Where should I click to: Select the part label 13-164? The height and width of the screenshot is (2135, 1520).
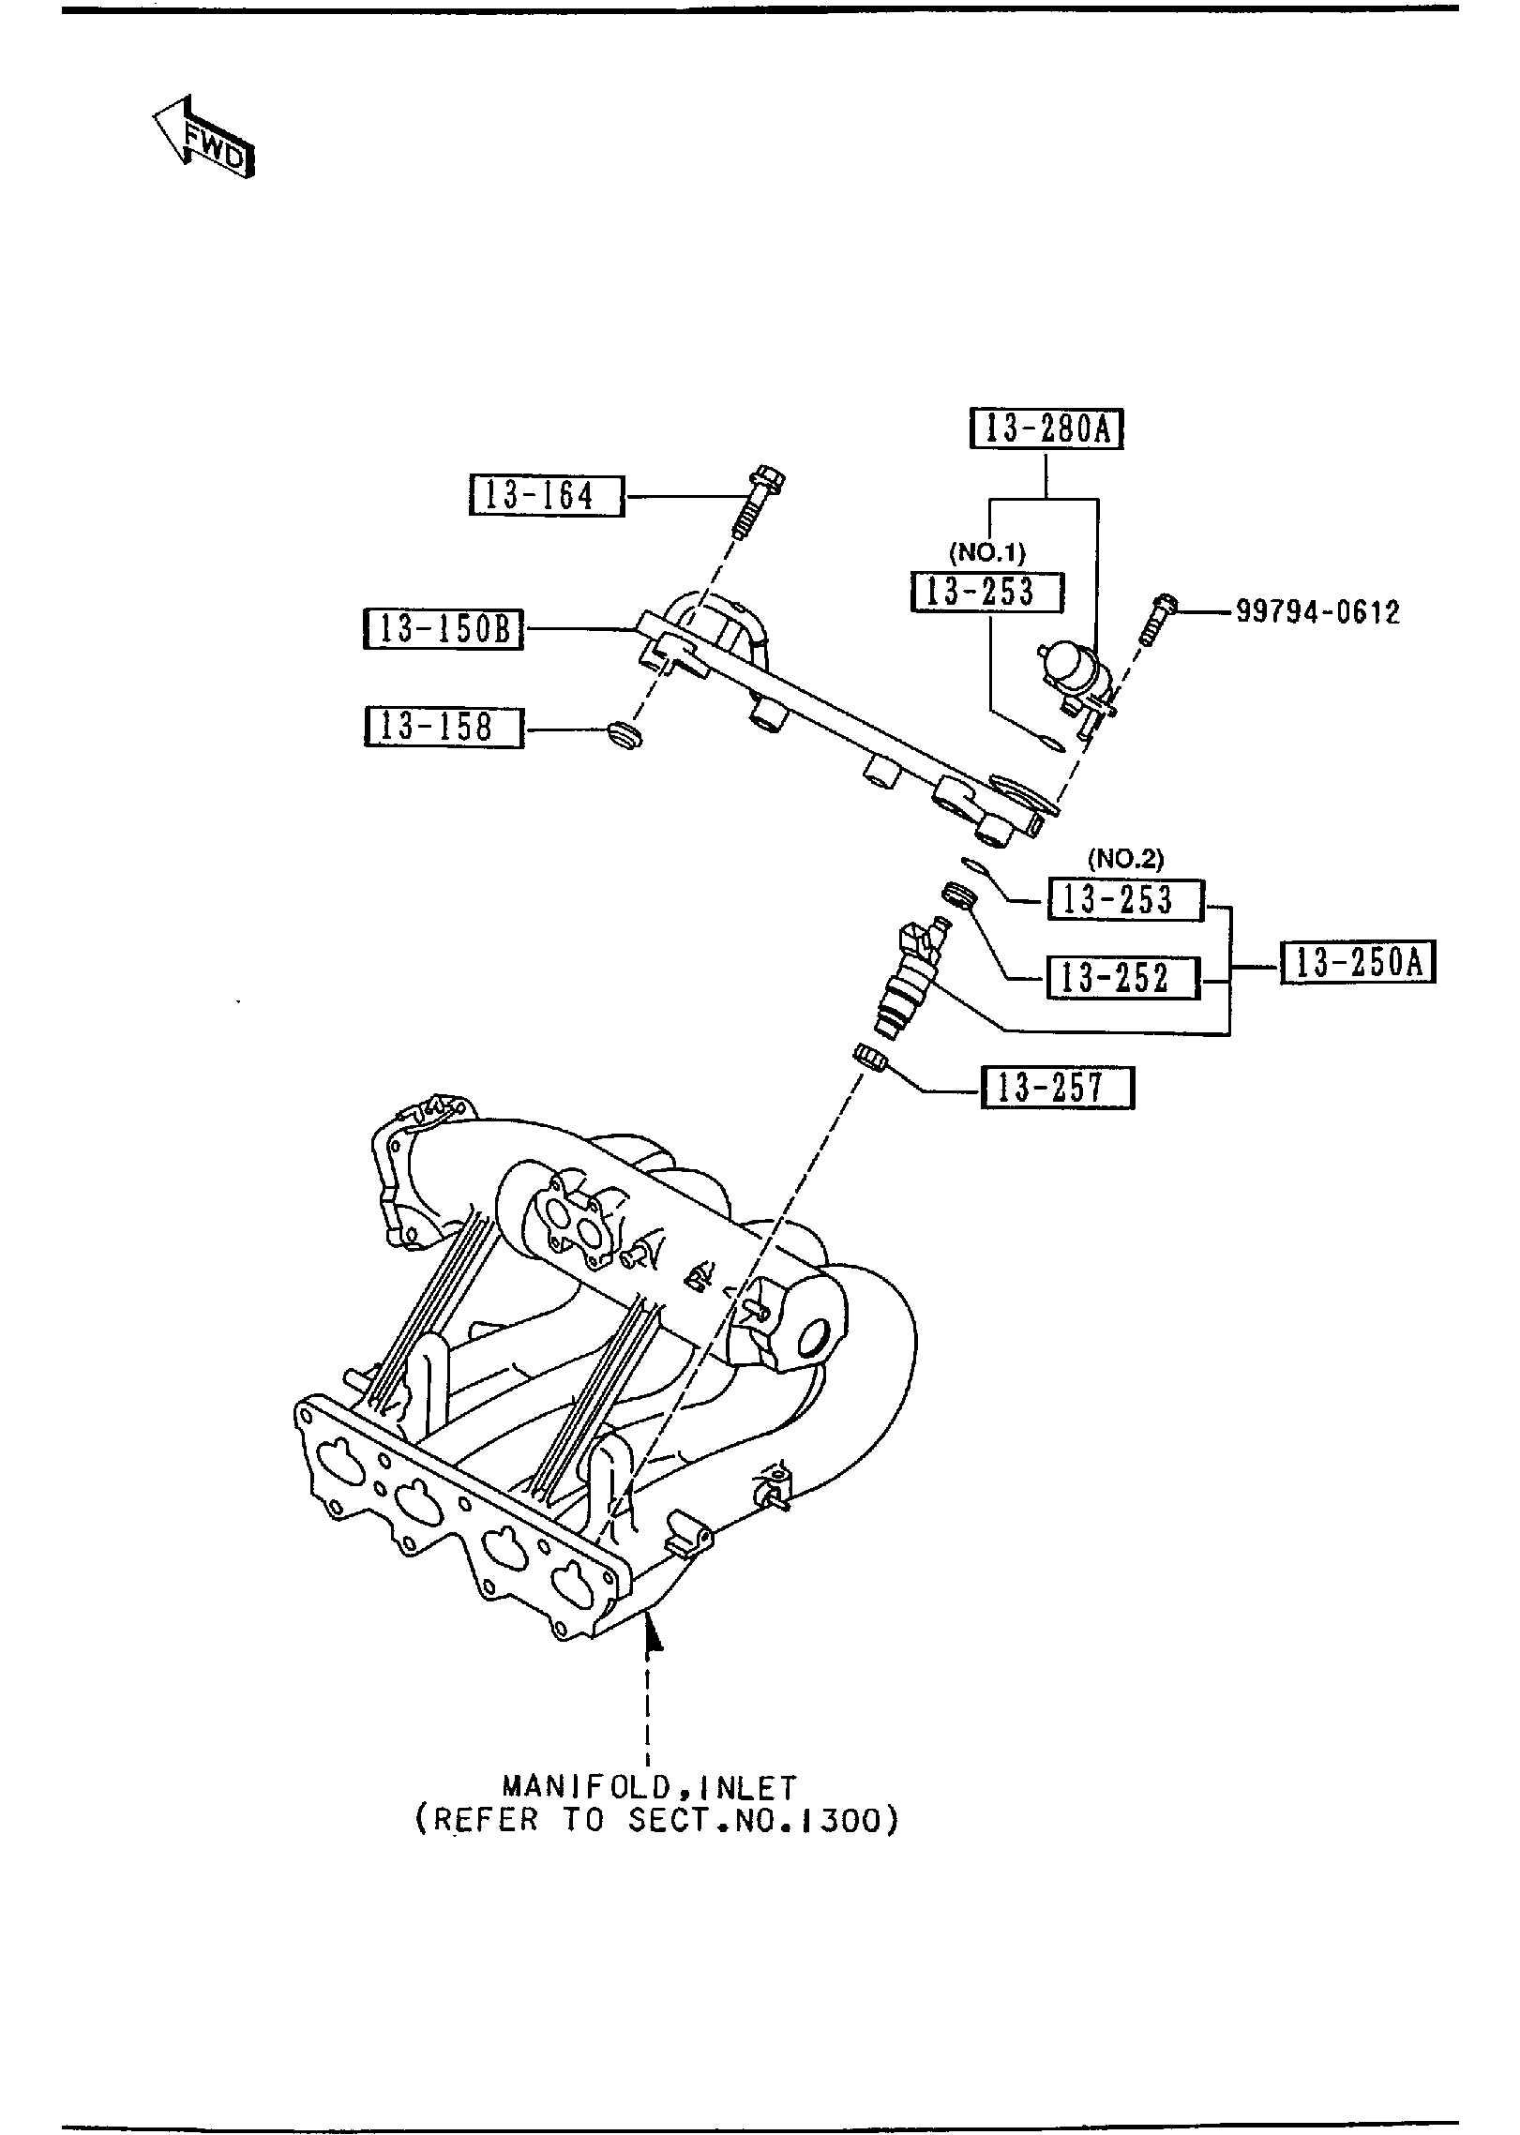point(546,495)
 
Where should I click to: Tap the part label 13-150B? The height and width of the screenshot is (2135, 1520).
point(443,629)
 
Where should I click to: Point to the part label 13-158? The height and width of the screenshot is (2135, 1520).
point(443,727)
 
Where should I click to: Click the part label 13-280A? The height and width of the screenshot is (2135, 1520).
point(1046,430)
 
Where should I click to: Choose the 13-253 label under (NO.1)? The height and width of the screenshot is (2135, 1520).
point(986,593)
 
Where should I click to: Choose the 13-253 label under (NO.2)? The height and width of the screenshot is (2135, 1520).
point(1125,900)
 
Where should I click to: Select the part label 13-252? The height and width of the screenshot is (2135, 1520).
point(1122,978)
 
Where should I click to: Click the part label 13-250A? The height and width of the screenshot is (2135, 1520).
point(1358,961)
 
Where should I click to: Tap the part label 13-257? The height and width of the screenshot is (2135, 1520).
point(1058,1088)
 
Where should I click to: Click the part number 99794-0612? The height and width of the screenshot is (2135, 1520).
point(1317,612)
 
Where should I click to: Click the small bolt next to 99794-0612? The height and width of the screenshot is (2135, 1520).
point(1156,619)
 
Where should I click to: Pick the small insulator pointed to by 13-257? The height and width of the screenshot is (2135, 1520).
point(870,1057)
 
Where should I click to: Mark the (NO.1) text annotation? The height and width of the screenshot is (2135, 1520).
point(986,552)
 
